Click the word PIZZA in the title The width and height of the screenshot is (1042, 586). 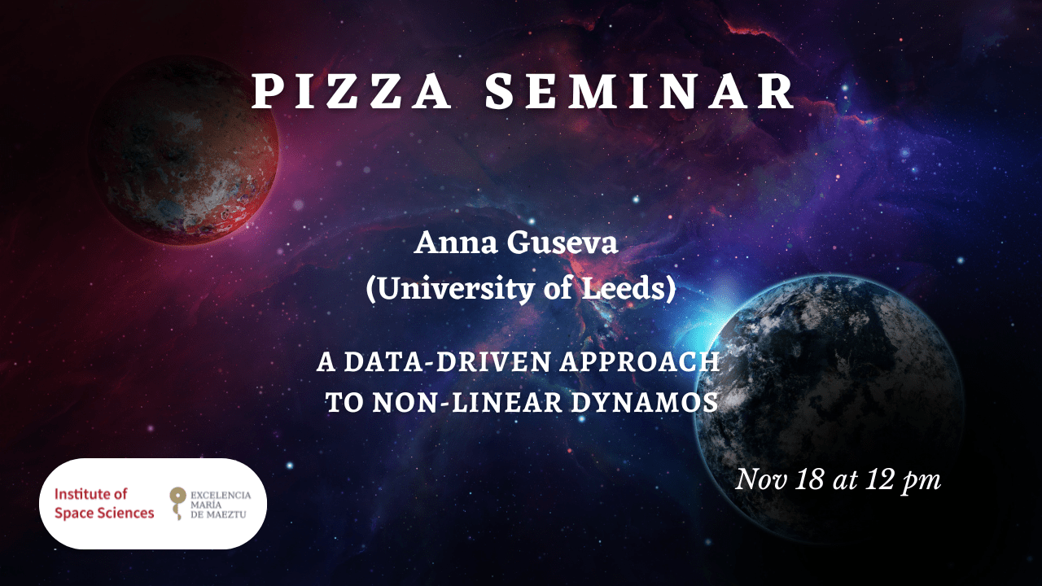point(351,92)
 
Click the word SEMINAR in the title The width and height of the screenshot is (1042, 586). point(640,92)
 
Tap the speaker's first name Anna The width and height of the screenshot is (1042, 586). point(455,243)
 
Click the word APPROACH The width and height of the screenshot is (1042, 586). point(640,362)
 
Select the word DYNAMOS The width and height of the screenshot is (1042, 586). point(646,402)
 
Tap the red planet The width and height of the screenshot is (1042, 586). point(184,151)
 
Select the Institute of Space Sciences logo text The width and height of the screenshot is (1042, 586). point(104,503)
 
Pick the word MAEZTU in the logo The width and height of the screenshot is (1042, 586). point(228,515)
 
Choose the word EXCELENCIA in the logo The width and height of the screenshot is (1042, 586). point(221,496)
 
